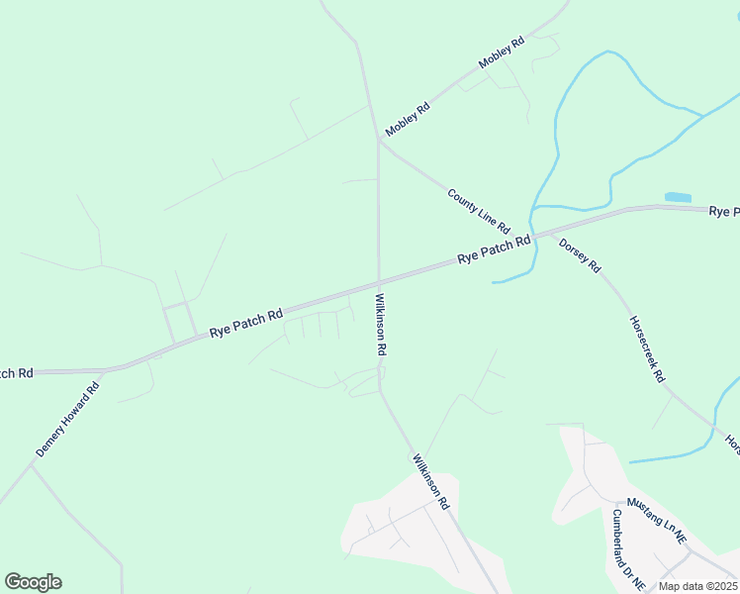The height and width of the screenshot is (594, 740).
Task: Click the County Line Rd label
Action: [478, 211]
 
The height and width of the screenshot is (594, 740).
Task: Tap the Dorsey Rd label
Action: [580, 254]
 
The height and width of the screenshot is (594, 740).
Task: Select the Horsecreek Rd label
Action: [648, 349]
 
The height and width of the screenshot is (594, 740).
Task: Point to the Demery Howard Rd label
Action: [68, 420]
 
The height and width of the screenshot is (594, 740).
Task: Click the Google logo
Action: [33, 582]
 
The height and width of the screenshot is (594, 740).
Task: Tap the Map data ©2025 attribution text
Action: [697, 586]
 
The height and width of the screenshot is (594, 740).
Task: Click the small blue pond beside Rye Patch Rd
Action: [678, 198]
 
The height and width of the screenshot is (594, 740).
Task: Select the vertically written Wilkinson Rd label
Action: [380, 324]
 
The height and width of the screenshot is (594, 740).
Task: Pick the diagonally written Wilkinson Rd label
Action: [431, 480]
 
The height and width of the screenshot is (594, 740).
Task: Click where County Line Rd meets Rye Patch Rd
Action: [535, 234]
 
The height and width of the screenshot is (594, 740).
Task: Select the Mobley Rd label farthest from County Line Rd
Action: [501, 52]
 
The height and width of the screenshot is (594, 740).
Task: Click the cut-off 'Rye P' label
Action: [724, 211]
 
